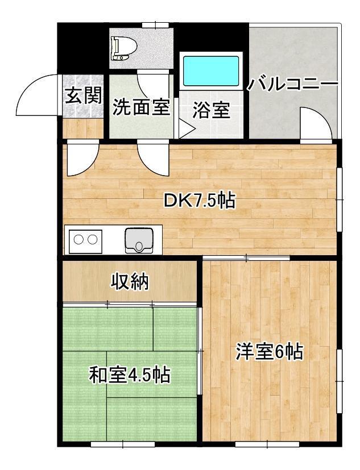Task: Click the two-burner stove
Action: [85, 240]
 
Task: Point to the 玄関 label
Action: [83, 95]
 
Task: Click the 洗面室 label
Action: [140, 107]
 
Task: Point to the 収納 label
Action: [130, 281]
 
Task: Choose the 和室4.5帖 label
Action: [130, 375]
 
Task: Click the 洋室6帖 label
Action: [269, 352]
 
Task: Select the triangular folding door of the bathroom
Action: [186, 130]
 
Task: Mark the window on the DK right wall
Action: [340, 200]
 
